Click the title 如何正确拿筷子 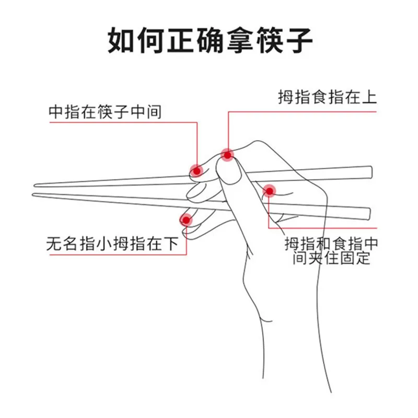210,40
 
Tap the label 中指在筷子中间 104,111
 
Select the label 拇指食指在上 327,98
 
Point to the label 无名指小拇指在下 113,243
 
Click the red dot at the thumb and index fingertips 227,154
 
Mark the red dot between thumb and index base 269,191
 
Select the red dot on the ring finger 185,219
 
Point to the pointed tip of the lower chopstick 34,194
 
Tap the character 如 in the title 121,40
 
